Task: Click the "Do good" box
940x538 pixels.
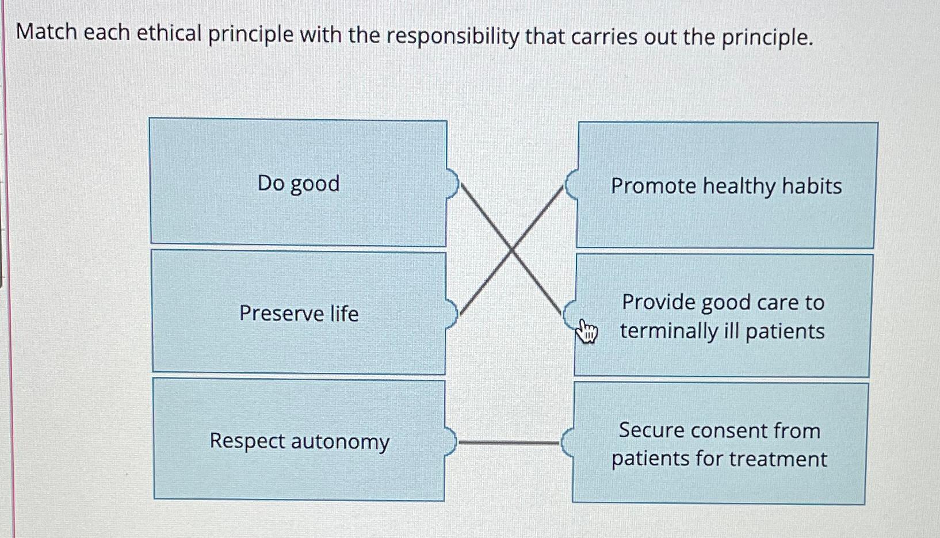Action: (298, 182)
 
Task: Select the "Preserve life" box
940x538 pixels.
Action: (299, 312)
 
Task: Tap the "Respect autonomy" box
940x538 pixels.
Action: (299, 440)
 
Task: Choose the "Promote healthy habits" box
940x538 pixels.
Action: (727, 185)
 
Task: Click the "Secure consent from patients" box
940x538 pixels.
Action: (719, 443)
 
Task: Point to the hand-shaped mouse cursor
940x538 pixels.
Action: (586, 331)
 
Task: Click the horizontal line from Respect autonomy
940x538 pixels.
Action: (509, 442)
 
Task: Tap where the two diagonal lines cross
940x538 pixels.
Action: (511, 250)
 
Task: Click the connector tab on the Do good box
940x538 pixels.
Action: (452, 184)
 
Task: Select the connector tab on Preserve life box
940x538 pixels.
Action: (452, 314)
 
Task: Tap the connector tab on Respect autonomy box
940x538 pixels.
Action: (450, 441)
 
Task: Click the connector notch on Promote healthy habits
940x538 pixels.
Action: (571, 185)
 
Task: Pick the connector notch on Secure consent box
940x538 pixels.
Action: (567, 442)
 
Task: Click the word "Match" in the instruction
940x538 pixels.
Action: (46, 32)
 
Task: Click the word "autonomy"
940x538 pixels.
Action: (341, 442)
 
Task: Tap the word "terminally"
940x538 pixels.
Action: (668, 331)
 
